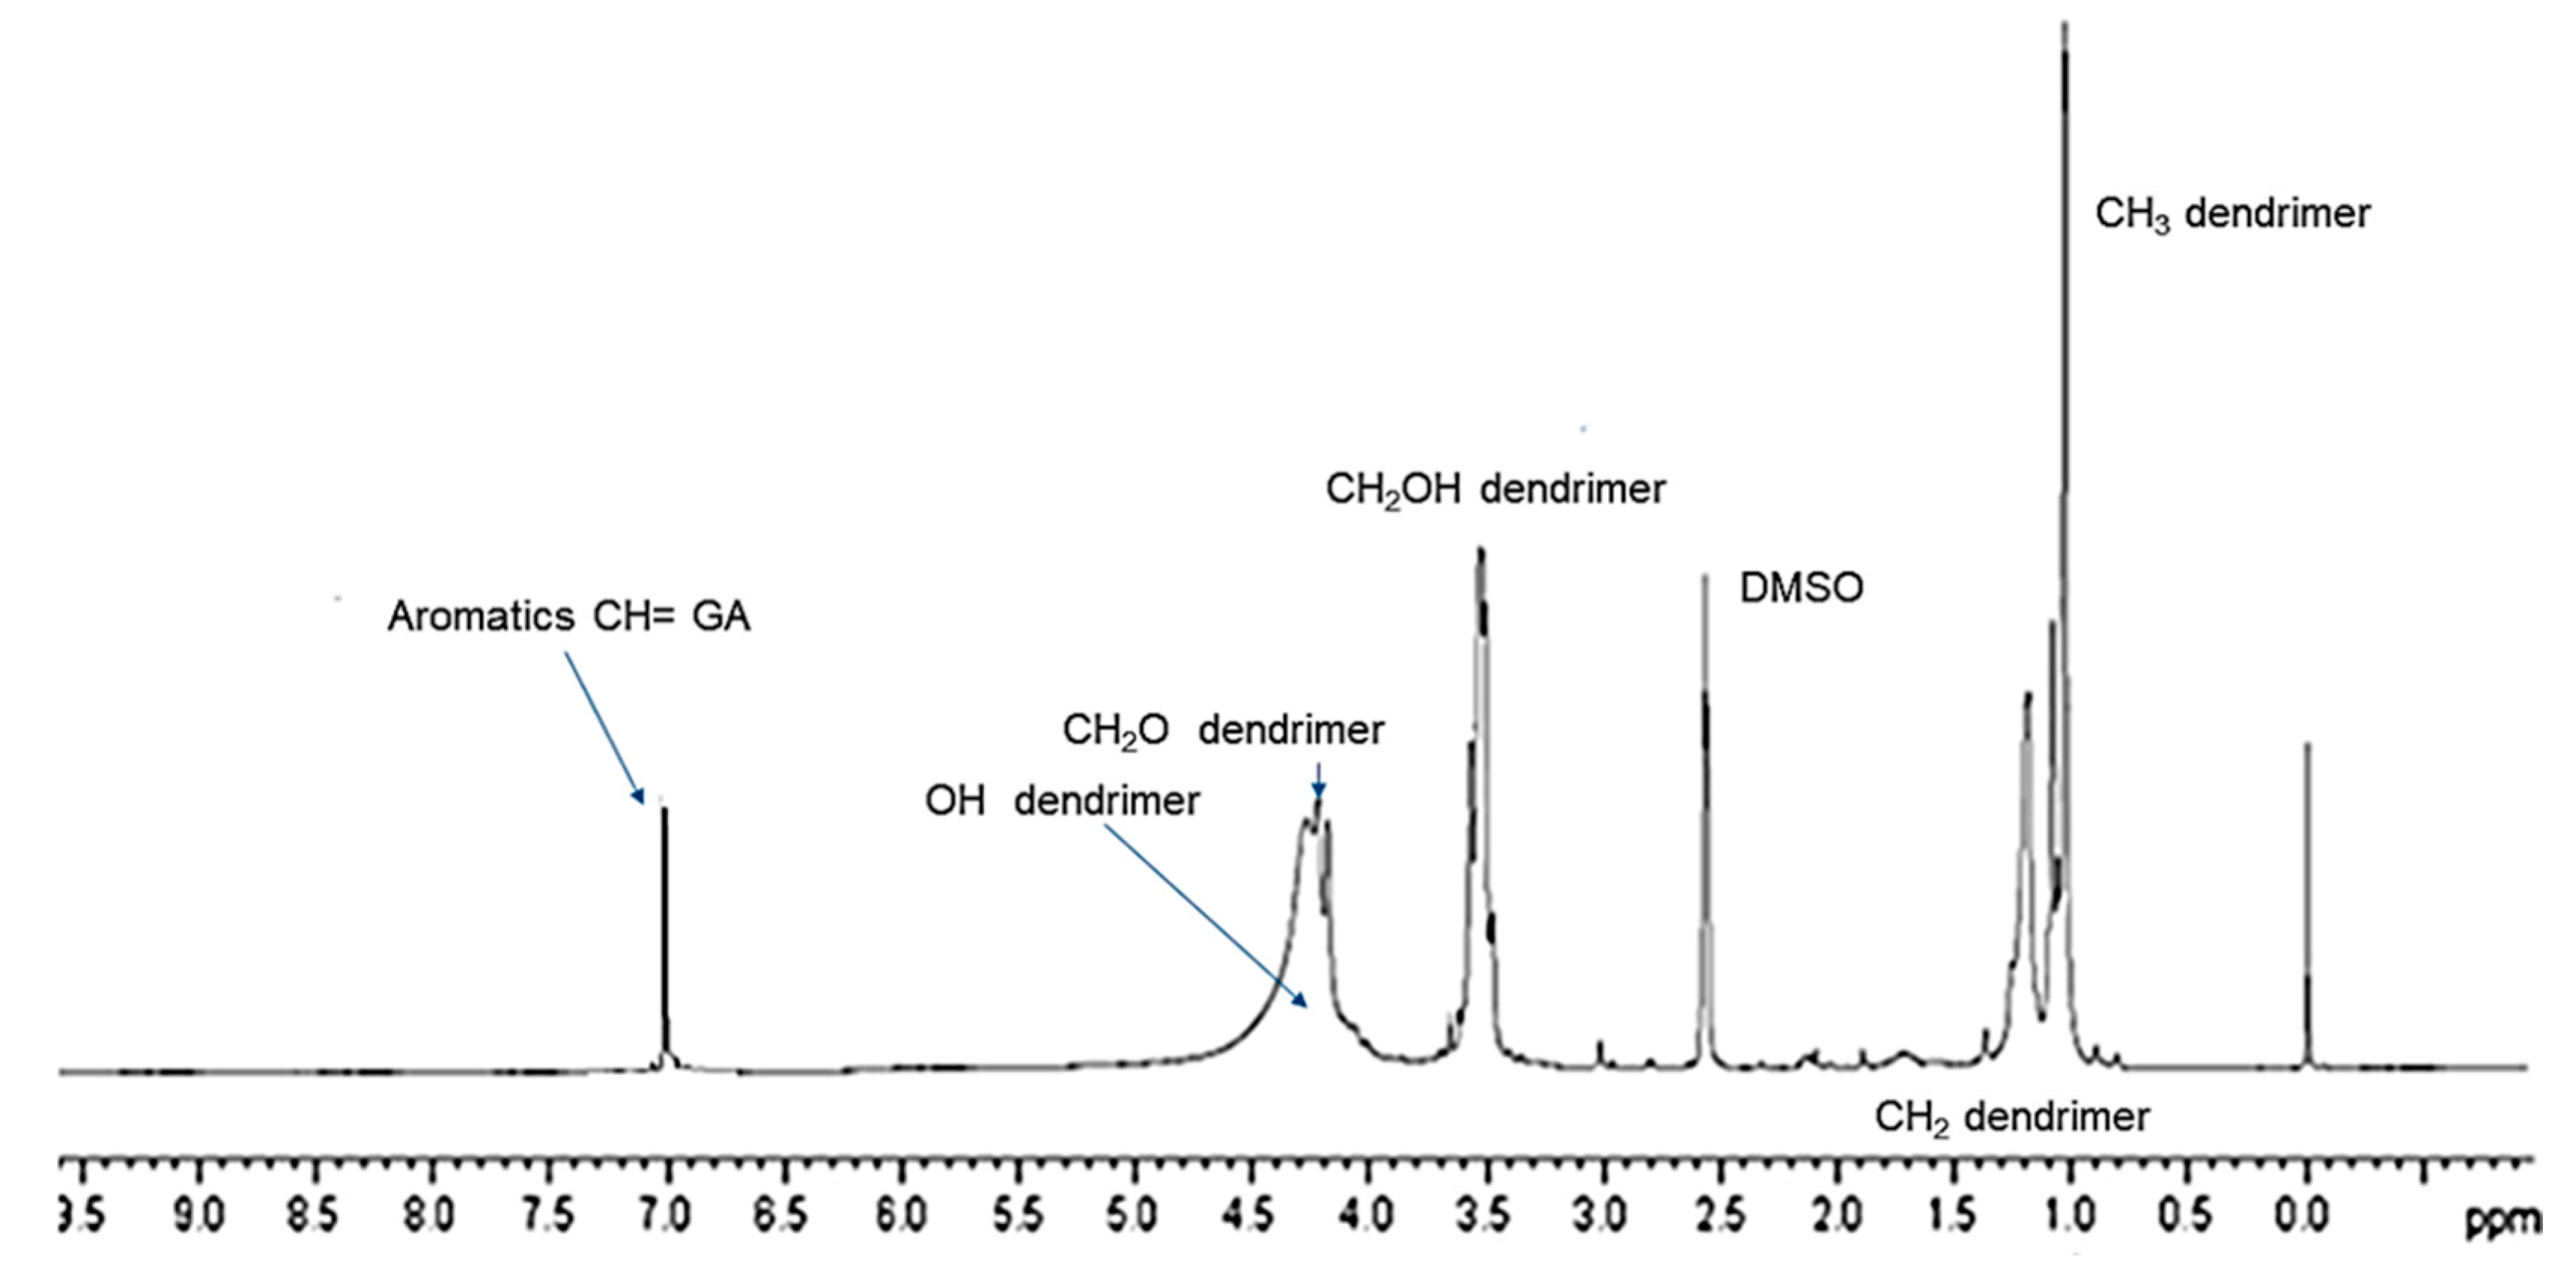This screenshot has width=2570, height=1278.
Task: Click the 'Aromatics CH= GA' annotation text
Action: pyautogui.click(x=569, y=617)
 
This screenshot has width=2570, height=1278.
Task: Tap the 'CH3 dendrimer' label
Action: pyautogui.click(x=2232, y=214)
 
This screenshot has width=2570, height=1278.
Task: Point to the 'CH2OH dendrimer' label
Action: pyautogui.click(x=1494, y=490)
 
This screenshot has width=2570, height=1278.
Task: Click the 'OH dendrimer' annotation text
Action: pyautogui.click(x=1061, y=801)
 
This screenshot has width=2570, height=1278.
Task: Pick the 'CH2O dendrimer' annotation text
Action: pyautogui.click(x=1222, y=730)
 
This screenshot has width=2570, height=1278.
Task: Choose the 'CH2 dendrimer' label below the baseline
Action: pyautogui.click(x=2011, y=1117)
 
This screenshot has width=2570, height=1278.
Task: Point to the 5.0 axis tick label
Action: pyautogui.click(x=1133, y=1215)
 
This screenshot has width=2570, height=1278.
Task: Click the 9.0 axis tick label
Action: pyautogui.click(x=199, y=1215)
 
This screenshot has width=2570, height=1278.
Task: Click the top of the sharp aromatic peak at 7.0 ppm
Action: pyautogui.click(x=664, y=808)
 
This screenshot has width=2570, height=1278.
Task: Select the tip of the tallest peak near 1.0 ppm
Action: pyautogui.click(x=2064, y=24)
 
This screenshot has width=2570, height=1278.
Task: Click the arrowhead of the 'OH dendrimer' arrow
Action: pyautogui.click(x=1304, y=1006)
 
